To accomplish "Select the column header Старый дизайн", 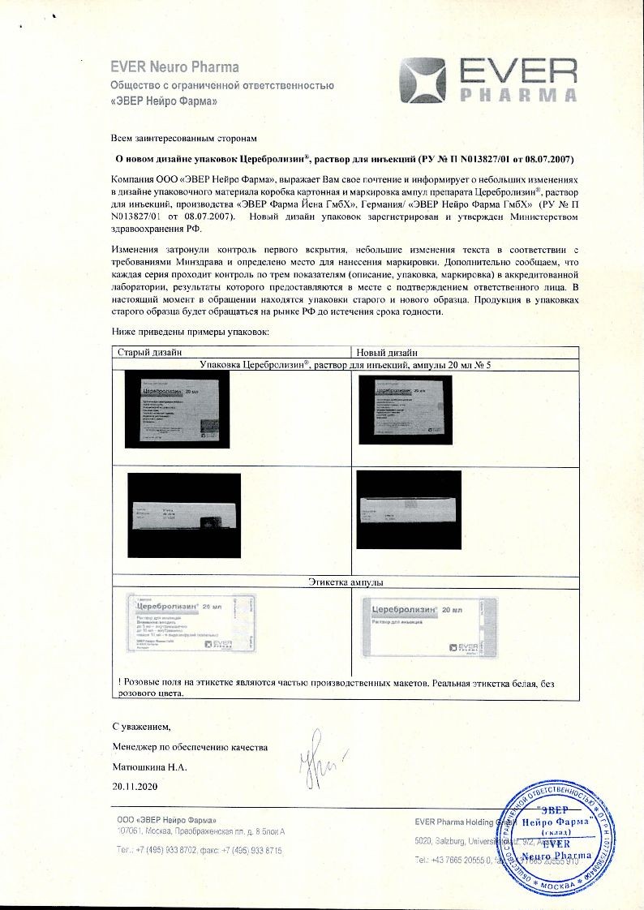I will tap(149, 353).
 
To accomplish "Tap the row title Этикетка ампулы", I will tap(345, 582).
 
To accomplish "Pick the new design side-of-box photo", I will tap(409, 510).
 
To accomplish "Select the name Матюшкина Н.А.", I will tap(149, 766).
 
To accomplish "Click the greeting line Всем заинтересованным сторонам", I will tap(187, 139).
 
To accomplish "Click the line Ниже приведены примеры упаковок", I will tap(195, 333).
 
